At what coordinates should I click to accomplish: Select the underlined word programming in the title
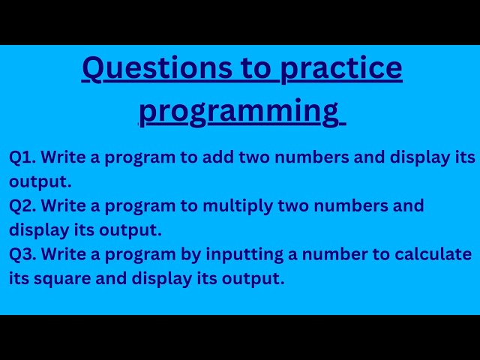[239, 111]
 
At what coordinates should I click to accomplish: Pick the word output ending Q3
[258, 279]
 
